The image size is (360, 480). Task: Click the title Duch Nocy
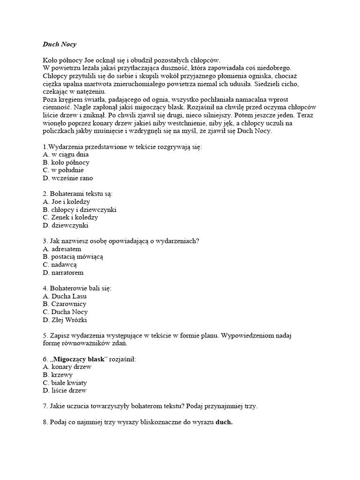click(59, 45)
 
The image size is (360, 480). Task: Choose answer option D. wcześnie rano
click(67, 178)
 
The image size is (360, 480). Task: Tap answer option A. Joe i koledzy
click(66, 202)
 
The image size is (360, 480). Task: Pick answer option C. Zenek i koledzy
click(70, 217)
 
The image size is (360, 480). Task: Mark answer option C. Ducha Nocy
click(65, 312)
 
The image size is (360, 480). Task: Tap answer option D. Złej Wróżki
click(65, 320)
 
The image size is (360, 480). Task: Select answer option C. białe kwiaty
click(65, 382)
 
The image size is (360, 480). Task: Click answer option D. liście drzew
click(64, 390)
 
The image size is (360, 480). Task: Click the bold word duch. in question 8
click(224, 422)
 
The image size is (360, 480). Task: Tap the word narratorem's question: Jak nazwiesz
click(67, 241)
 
